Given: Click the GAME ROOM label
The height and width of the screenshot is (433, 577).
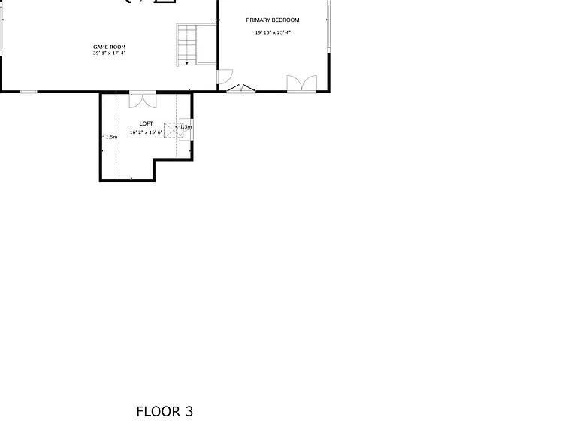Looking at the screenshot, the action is (x=109, y=47).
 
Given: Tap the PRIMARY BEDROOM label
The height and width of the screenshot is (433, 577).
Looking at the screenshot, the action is (x=273, y=20).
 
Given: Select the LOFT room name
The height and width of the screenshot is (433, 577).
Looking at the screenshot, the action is (x=146, y=123).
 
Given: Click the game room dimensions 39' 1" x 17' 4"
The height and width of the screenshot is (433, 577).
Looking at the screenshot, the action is (x=109, y=53).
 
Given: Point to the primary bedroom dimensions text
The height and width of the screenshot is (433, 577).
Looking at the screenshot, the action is (x=273, y=32).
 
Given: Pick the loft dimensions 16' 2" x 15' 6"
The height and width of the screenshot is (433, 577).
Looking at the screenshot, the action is (x=146, y=132).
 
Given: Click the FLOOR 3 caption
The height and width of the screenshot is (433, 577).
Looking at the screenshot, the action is (x=165, y=412).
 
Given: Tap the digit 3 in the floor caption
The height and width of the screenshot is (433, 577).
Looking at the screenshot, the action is (x=189, y=412).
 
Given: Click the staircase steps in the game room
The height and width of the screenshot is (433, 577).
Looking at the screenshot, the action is (x=187, y=44).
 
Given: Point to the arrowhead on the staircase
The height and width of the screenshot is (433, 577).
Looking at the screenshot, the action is (x=187, y=64).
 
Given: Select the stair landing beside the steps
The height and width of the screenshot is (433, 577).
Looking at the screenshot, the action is (x=207, y=44).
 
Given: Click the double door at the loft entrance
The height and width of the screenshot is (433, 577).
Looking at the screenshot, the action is (x=143, y=100).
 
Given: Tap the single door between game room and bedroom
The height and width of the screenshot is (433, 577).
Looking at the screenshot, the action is (x=225, y=77).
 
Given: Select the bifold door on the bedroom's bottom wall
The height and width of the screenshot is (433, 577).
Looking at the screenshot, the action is (x=241, y=89).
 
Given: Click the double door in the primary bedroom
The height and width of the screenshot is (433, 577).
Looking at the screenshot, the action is (x=302, y=83).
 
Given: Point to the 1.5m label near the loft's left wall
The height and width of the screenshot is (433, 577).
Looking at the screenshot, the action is (x=110, y=137).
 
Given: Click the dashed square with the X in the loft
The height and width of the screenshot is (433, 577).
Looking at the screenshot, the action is (x=174, y=130).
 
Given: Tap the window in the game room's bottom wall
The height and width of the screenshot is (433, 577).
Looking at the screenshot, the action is (x=29, y=92).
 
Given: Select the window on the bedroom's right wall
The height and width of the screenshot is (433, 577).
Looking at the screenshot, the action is (x=328, y=26).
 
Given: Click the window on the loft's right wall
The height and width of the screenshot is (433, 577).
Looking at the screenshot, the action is (x=192, y=129).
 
